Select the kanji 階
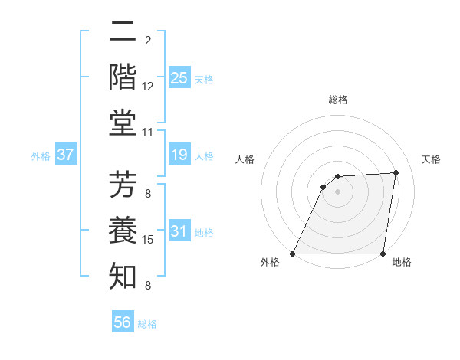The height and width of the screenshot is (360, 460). (x=123, y=78)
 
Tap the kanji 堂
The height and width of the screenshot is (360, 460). (x=123, y=124)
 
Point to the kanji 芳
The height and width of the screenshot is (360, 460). (x=123, y=185)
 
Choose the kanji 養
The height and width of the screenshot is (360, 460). (x=123, y=231)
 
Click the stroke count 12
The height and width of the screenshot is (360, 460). (x=148, y=87)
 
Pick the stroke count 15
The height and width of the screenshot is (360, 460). (x=148, y=240)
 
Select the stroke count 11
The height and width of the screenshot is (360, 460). (x=148, y=133)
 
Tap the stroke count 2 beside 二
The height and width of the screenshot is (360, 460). (x=147, y=41)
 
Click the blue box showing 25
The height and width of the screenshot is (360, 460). (x=179, y=78)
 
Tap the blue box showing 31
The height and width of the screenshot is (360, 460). (x=179, y=231)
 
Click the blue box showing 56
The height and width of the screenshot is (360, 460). (x=123, y=323)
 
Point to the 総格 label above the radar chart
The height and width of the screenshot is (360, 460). (x=337, y=100)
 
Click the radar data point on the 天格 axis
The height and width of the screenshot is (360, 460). (x=396, y=172)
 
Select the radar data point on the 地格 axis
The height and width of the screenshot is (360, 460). (x=383, y=254)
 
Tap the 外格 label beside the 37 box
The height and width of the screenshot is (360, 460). (x=41, y=156)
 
